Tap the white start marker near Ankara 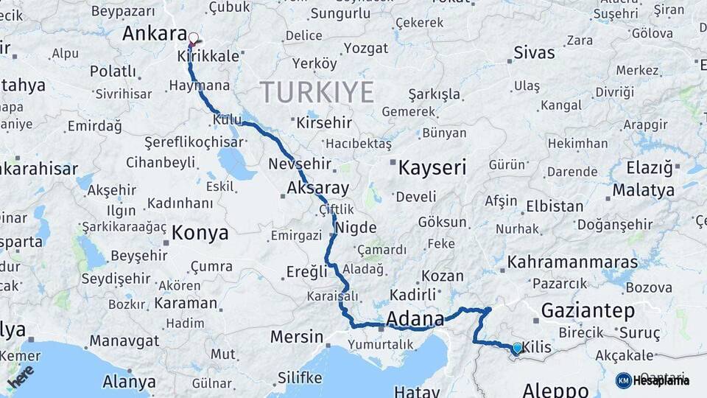(194, 38)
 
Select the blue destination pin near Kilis (517, 348)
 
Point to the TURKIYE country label (317, 93)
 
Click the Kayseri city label (432, 168)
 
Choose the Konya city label (200, 234)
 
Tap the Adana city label (415, 319)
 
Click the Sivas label (534, 52)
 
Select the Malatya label (643, 190)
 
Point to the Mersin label (296, 337)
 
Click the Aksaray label (317, 188)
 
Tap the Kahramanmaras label (572, 262)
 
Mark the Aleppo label (555, 389)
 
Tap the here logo (21, 375)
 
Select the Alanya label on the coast (129, 383)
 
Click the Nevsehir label (300, 164)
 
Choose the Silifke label (300, 378)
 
